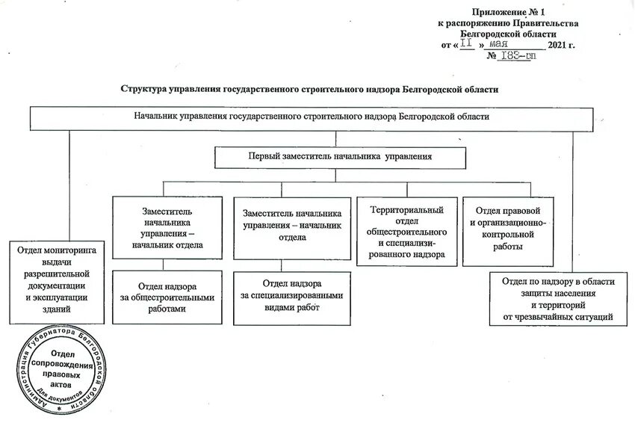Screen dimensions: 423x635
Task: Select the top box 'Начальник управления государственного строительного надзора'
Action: (x=312, y=117)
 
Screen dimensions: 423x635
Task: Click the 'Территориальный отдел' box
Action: (x=406, y=232)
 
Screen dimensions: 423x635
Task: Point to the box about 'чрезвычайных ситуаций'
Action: (x=557, y=299)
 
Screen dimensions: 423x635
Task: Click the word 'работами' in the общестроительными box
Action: (x=167, y=308)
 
